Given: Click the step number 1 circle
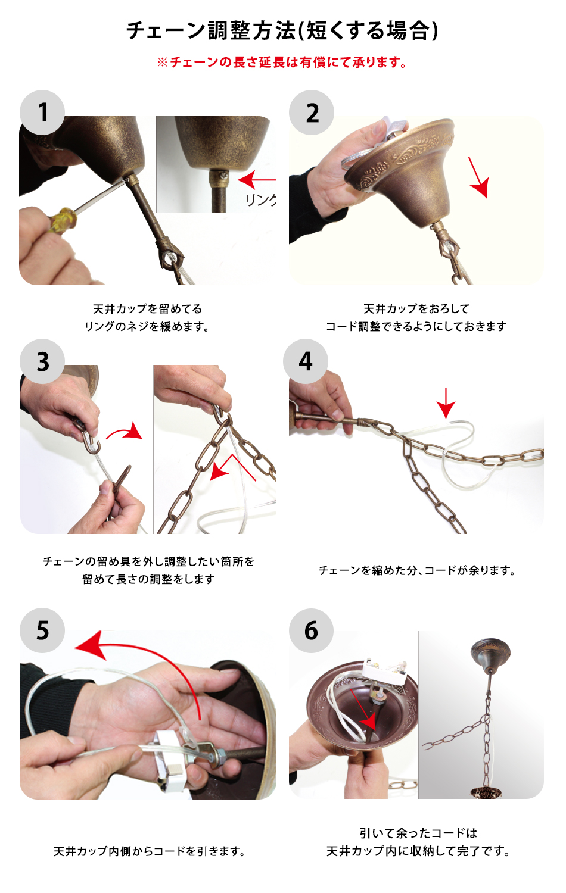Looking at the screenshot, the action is click(x=42, y=113).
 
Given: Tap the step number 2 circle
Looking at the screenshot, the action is click(x=312, y=113).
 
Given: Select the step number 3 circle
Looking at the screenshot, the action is click(x=42, y=361).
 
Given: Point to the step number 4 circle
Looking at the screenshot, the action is click(x=306, y=361).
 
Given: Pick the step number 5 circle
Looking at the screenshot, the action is click(x=42, y=630).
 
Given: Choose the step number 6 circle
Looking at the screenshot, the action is click(x=311, y=630).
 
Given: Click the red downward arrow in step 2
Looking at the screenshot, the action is click(x=478, y=177).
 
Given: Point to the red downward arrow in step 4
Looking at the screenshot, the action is click(x=446, y=403).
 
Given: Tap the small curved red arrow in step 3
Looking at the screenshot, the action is click(x=125, y=432).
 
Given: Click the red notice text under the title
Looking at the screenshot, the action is click(x=282, y=62).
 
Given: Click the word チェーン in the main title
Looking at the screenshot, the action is click(x=166, y=31).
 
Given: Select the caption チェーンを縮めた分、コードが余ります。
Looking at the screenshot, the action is click(x=417, y=570).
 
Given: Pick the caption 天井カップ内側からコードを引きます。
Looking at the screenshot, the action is click(x=149, y=851).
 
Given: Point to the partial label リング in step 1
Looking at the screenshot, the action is click(x=260, y=199).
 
